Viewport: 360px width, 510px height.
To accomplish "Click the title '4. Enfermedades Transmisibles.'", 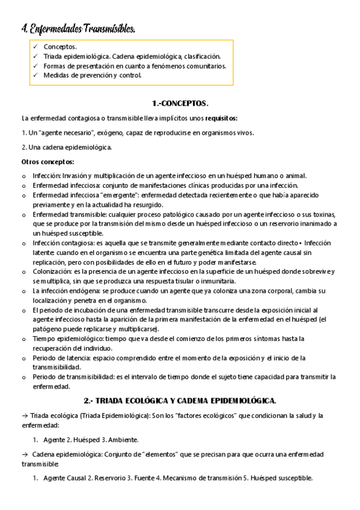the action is pyautogui.click(x=75, y=29).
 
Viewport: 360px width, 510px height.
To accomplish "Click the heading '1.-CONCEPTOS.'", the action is pyautogui.click(x=180, y=103).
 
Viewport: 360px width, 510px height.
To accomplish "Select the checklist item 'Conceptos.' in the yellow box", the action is pyautogui.click(x=60, y=46).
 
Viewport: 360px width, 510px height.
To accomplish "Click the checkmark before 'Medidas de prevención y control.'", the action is pyautogui.click(x=35, y=75).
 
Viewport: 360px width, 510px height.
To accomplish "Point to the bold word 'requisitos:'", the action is pyautogui.click(x=221, y=118).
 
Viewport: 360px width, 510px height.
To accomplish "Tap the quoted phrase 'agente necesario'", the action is pyautogui.click(x=66, y=132).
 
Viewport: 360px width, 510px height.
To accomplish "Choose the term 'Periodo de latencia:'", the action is pyautogui.click(x=61, y=358).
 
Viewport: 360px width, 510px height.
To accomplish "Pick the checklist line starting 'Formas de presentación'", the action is pyautogui.click(x=135, y=66).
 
